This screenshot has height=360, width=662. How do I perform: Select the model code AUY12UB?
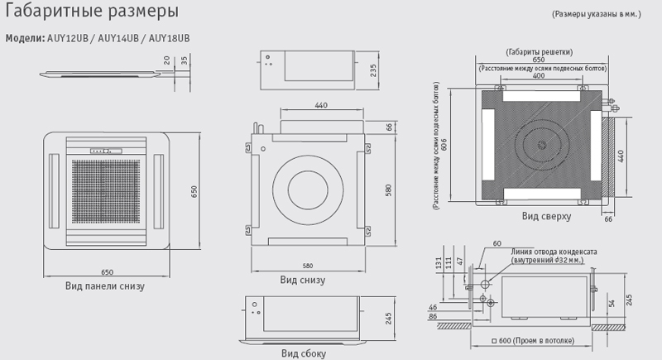[x=67, y=39]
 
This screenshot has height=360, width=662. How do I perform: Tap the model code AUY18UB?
[x=168, y=39]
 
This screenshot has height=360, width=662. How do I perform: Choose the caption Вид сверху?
[x=545, y=216]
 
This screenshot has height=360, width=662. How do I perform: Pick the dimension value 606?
[x=444, y=145]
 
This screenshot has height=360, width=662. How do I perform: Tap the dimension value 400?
[x=539, y=75]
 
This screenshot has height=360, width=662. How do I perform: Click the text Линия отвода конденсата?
[x=554, y=250]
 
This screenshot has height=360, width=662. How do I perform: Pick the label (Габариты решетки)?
[x=539, y=51]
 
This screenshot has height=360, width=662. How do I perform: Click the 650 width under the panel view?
[x=107, y=271]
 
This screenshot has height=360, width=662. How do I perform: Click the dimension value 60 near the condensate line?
[x=496, y=243]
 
